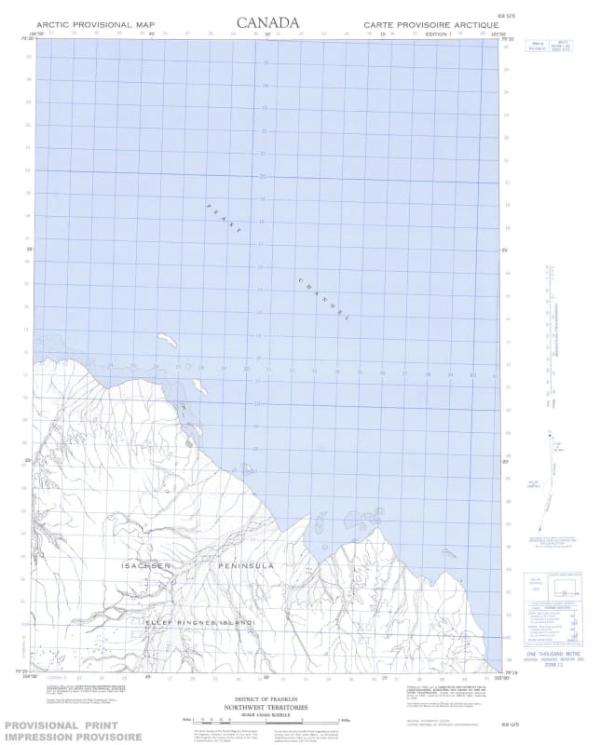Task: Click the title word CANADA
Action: point(268,21)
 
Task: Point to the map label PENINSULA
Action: point(246,566)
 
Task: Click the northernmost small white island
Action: point(167,340)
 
